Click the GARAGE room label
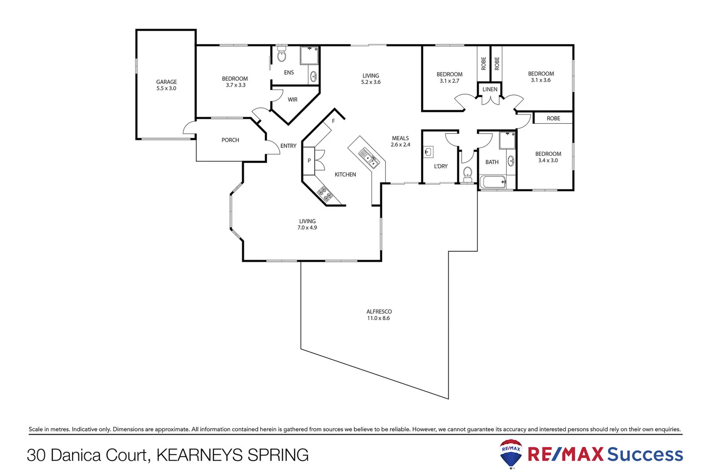(166, 82)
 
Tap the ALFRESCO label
(379, 311)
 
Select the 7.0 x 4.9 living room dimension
(307, 228)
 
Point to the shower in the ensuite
(309, 55)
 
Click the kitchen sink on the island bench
(369, 158)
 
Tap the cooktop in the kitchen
(325, 194)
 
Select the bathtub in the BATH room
(492, 182)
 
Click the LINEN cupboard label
(490, 89)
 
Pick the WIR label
(293, 100)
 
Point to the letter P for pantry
(309, 161)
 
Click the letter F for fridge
(333, 121)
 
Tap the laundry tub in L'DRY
(428, 152)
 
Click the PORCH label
(230, 140)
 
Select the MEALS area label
(400, 138)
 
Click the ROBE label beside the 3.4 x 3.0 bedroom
(553, 118)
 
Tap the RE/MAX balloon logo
(511, 453)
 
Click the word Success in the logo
(645, 454)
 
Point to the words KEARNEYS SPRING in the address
(232, 455)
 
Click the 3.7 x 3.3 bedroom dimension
(235, 85)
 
